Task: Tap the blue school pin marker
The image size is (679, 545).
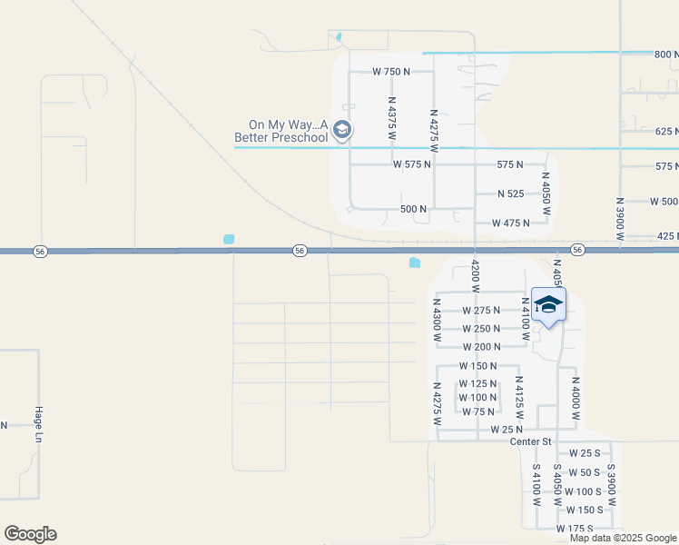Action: point(548,305)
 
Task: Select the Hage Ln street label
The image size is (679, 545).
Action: point(40,424)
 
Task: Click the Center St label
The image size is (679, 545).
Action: point(531,441)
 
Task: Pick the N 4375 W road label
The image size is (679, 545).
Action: point(392,119)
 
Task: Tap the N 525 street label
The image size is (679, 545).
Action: point(511,193)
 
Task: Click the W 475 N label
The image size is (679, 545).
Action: point(510,223)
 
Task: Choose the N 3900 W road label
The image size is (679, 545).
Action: point(620,221)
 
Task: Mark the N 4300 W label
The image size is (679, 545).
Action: point(437,320)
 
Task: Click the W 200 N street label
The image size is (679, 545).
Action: point(481,347)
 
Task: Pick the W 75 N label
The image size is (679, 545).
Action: point(478,411)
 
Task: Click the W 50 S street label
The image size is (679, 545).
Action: point(584,472)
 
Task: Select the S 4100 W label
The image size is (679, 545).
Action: point(536,486)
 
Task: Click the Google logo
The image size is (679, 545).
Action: point(30,534)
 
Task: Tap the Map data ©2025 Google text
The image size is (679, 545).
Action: point(623,538)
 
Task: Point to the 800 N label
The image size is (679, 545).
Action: point(666,54)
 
